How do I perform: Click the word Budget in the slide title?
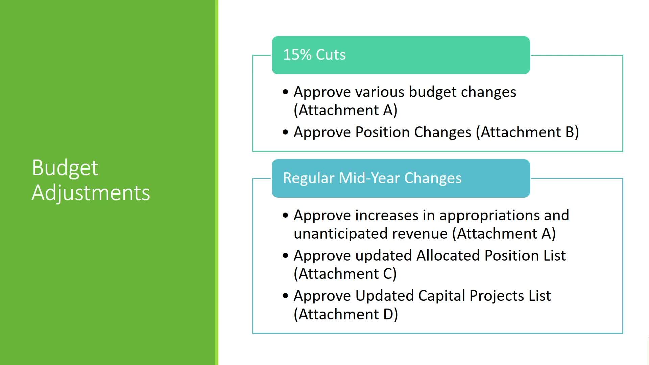click(x=65, y=168)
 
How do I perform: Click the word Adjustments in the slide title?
click(x=91, y=193)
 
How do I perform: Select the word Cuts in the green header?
click(x=331, y=55)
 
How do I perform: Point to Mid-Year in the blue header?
click(x=369, y=178)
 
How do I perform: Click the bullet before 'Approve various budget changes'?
click(x=286, y=92)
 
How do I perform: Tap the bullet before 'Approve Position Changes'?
click(x=286, y=132)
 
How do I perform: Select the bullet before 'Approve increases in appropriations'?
click(x=286, y=215)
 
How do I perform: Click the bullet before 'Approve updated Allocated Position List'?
click(x=286, y=255)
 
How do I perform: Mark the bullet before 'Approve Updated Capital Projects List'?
click(x=286, y=296)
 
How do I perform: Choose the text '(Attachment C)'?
click(x=345, y=274)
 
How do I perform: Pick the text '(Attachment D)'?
click(x=346, y=314)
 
